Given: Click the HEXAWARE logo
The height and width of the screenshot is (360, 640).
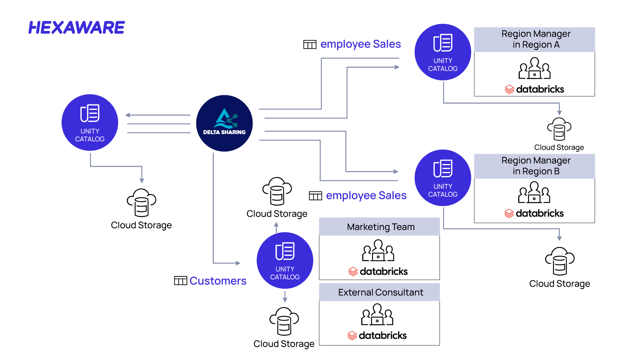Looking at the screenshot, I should pos(76,28).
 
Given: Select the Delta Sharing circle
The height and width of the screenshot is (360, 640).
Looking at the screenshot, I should pos(224,123).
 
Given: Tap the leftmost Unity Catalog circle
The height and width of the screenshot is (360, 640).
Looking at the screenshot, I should pos(90,122).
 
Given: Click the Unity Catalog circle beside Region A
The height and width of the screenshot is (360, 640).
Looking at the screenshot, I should pos(443,52).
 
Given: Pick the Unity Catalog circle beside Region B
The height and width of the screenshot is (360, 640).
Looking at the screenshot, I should pos(443,178).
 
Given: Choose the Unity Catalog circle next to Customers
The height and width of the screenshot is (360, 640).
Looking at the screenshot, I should pos(285,260).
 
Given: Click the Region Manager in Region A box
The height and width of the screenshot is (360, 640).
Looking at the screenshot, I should pos(534,39).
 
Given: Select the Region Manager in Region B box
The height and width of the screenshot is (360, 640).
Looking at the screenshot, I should pos(534,166).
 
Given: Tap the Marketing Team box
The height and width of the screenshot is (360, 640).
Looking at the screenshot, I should pos(379,227).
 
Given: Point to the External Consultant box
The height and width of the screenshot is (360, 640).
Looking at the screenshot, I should pos(379,292).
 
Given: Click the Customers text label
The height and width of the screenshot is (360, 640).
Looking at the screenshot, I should pos(218,281).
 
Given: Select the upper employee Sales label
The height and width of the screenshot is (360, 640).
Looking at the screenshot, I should pos(360,44).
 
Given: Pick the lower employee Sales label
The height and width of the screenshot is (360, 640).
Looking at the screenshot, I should pos(366,195).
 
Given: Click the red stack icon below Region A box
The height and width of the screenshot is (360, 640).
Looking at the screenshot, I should pos(509,89).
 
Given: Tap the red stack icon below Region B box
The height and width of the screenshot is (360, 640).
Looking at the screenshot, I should pos(509,213).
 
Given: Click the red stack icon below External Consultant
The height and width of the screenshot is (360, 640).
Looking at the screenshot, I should pos(352,335).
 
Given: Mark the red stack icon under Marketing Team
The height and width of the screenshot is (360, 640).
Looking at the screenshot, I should pos(353,272).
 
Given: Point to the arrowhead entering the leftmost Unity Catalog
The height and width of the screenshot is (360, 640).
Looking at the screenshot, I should pos(128,115).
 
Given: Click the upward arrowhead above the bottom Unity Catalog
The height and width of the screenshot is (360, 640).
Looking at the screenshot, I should pos(276,224).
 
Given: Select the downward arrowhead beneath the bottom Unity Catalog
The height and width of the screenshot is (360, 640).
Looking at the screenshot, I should pos(285,300).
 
